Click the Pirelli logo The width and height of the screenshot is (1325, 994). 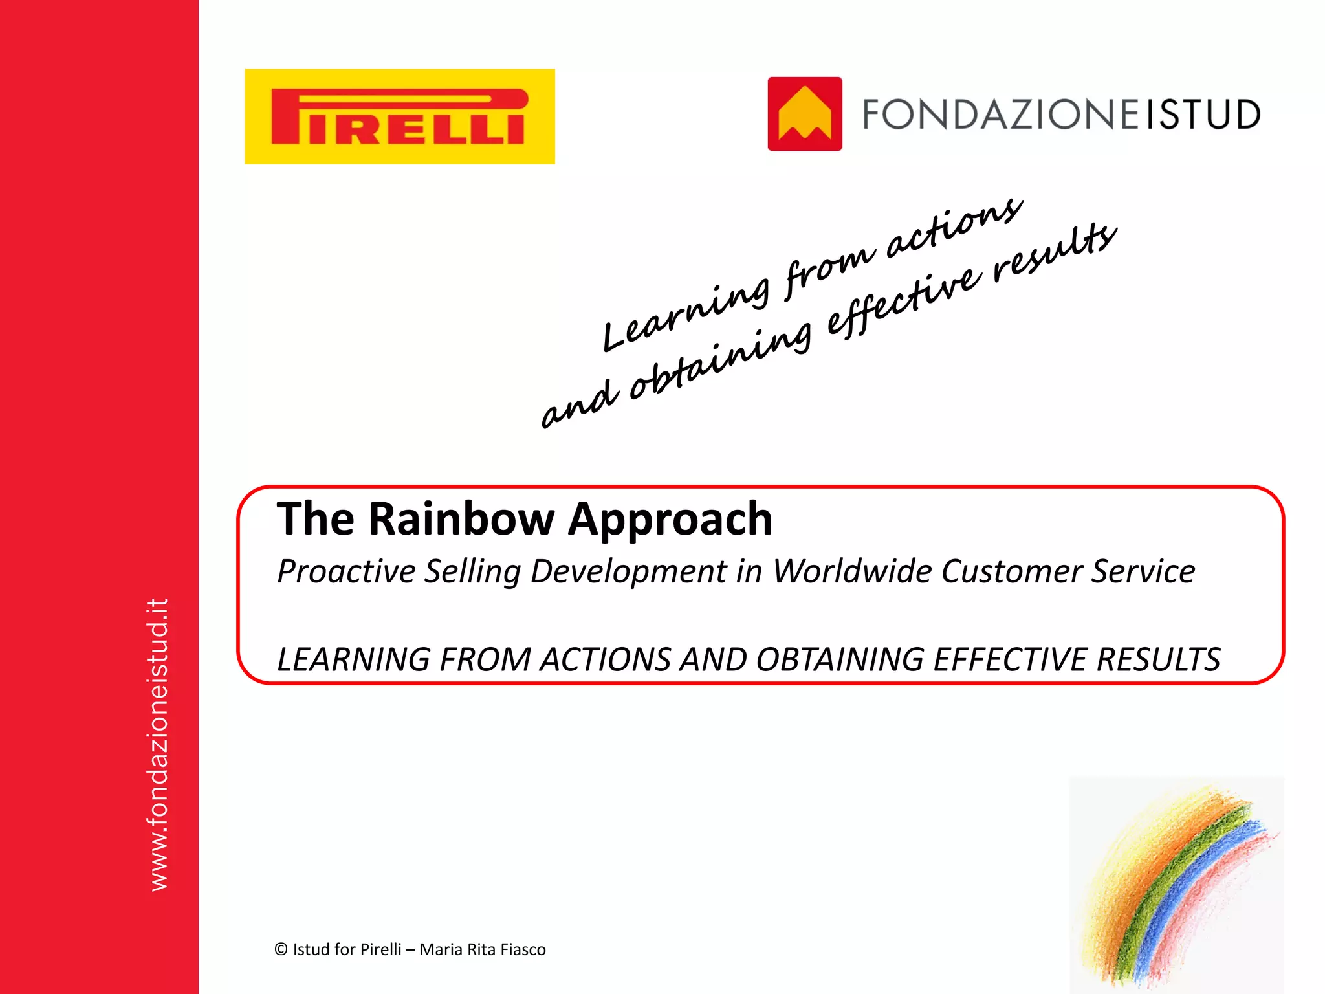pos(399,116)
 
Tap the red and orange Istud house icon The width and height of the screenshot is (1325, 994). pos(804,114)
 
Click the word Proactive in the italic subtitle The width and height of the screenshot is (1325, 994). pos(346,571)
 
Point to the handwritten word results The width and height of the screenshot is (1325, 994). pos(1055,249)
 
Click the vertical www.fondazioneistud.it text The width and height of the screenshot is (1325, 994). pos(159,744)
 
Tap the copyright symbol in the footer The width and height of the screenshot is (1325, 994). pos(281,949)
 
